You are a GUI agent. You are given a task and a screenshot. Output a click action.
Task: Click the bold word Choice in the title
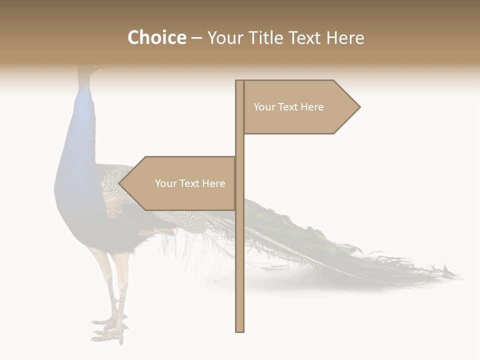pyautogui.click(x=156, y=38)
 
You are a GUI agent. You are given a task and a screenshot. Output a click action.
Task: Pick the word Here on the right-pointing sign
pyautogui.click(x=311, y=107)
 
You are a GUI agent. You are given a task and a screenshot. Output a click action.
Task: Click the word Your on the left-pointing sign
pyautogui.click(x=165, y=183)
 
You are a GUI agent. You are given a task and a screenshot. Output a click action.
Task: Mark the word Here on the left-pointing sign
pyautogui.click(x=213, y=183)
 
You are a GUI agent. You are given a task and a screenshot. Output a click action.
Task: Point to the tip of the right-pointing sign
pyautogui.click(x=359, y=106)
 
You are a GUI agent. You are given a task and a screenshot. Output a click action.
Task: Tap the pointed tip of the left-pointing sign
pyautogui.click(x=119, y=183)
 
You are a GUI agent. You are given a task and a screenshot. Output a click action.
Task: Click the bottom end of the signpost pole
pyautogui.click(x=239, y=330)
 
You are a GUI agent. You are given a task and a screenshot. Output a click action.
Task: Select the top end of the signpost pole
pyautogui.click(x=239, y=81)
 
